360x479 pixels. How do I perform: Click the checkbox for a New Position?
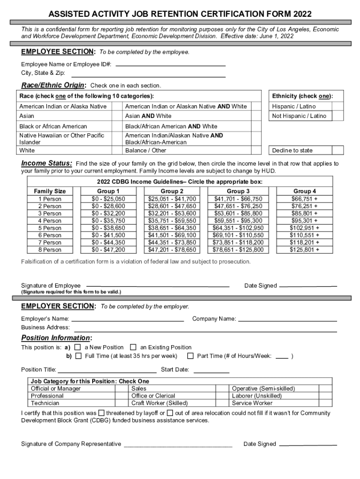[78, 347]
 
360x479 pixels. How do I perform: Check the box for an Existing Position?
[133, 347]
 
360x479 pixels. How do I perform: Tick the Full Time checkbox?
[78, 356]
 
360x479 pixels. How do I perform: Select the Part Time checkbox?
[190, 356]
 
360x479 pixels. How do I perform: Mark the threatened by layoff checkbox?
[101, 413]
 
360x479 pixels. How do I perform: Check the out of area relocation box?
[170, 413]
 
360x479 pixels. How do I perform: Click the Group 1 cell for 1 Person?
[108, 199]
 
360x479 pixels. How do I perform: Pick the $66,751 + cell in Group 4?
[304, 199]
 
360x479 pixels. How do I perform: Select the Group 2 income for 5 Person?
[172, 228]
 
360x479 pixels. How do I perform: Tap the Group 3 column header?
[238, 191]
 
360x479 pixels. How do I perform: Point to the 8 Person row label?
[50, 250]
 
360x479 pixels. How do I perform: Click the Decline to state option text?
[292, 150]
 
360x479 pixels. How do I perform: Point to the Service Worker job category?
[252, 403]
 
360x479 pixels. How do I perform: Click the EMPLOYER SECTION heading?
[58, 306]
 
